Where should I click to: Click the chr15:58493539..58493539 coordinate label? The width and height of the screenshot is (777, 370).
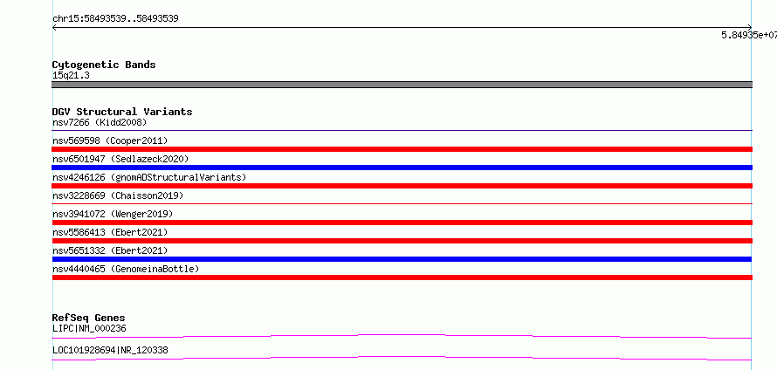click(x=115, y=19)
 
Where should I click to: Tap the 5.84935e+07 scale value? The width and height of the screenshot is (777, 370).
click(x=749, y=35)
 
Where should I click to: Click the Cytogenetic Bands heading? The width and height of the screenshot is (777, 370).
click(x=104, y=65)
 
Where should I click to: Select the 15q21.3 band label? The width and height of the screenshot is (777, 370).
click(x=71, y=76)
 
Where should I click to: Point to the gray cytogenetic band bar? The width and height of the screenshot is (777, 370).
click(x=402, y=85)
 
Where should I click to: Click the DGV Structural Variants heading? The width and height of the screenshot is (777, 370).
click(x=122, y=112)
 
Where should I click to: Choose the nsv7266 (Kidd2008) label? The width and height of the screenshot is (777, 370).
click(x=100, y=122)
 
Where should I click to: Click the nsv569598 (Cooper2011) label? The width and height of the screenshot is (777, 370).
click(x=110, y=140)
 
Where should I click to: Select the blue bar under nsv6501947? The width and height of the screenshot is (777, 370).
click(x=402, y=168)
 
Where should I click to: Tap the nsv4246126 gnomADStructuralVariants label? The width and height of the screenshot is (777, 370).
click(x=149, y=177)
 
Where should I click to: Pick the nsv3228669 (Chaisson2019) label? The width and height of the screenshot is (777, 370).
click(x=118, y=195)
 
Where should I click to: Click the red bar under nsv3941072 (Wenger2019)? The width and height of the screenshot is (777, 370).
click(x=402, y=223)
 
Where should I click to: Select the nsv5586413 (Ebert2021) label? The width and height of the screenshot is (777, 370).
click(x=110, y=232)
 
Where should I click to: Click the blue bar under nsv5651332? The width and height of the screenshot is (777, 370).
click(x=402, y=259)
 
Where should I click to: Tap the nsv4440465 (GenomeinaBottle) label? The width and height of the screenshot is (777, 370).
click(x=126, y=269)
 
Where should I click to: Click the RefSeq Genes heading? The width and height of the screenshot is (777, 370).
click(x=89, y=318)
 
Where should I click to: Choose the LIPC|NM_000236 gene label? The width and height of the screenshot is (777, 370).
click(x=89, y=328)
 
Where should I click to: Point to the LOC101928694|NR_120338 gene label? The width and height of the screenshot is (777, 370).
click(x=110, y=350)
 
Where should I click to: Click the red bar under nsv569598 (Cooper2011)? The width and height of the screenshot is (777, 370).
click(x=402, y=149)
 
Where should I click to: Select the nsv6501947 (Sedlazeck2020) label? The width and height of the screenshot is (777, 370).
click(x=120, y=159)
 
